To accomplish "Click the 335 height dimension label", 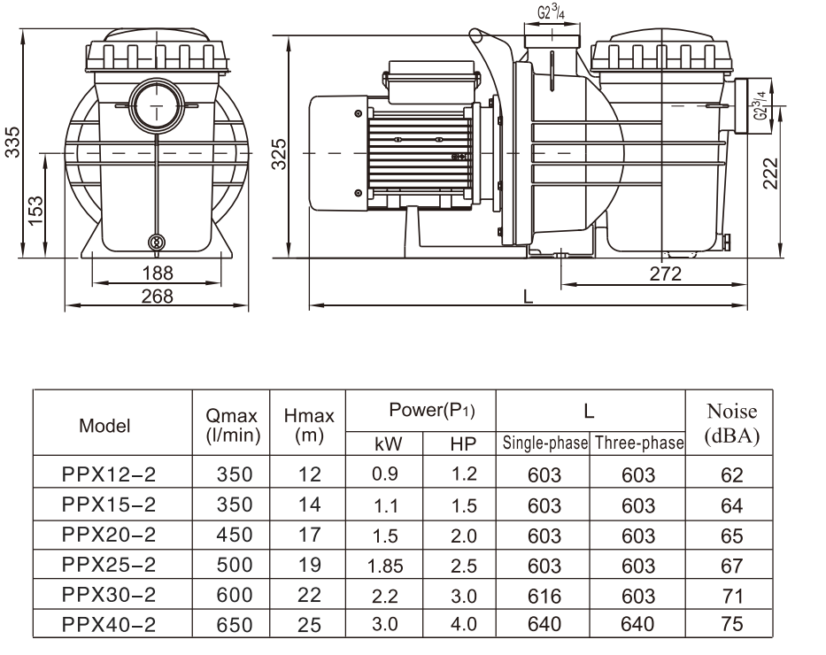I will click(12, 141).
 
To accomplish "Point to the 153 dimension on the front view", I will click(36, 211).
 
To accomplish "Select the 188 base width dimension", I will click(158, 273).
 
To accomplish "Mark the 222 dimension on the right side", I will click(770, 174).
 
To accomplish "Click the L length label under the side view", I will click(528, 297).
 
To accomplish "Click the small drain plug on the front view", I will click(157, 243).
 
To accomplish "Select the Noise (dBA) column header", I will click(731, 423).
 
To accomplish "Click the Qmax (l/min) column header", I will click(231, 423).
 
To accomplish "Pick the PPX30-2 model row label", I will click(109, 594).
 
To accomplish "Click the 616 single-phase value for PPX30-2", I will click(544, 594).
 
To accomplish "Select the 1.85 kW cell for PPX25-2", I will click(385, 565).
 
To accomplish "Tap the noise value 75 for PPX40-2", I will click(731, 624).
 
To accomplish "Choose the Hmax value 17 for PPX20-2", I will click(309, 535).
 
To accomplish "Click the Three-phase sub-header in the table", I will click(638, 443).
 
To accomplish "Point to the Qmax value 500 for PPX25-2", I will click(234, 565).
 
